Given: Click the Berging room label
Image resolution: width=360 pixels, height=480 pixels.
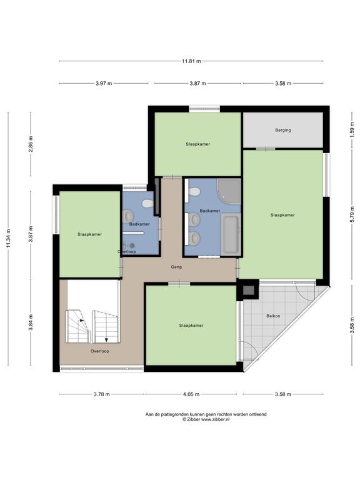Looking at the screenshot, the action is click(283, 130).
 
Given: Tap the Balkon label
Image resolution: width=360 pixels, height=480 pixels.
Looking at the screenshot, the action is click(273, 316).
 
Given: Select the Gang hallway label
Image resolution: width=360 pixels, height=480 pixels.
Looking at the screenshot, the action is click(176, 267).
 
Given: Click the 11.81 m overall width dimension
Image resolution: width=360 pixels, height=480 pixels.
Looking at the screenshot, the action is click(191, 61).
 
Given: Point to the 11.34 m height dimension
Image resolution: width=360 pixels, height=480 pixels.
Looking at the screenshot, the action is click(9, 239).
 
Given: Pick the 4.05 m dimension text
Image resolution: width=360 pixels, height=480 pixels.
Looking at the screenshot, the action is click(191, 394).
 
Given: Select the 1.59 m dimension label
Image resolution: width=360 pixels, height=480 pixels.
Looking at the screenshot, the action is click(352, 128).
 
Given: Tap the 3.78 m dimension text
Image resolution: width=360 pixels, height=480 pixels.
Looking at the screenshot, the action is click(102, 394).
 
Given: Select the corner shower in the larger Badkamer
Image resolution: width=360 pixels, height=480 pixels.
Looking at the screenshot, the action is click(229, 192).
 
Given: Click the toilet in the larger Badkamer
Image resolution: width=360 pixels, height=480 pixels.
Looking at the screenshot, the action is click(194, 192).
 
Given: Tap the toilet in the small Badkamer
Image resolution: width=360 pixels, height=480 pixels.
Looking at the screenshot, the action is click(148, 204).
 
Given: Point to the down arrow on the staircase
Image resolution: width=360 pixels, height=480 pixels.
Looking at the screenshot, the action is click(106, 339).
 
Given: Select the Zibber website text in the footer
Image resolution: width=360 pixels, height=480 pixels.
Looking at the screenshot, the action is click(215, 420).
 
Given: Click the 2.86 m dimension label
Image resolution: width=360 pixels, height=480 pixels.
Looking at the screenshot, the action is click(31, 144).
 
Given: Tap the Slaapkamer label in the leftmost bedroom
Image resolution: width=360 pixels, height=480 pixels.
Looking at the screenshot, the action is click(90, 234).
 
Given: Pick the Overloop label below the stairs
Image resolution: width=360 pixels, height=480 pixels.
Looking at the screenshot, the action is click(100, 351).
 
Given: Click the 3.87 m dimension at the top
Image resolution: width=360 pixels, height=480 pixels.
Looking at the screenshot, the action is click(197, 83).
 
